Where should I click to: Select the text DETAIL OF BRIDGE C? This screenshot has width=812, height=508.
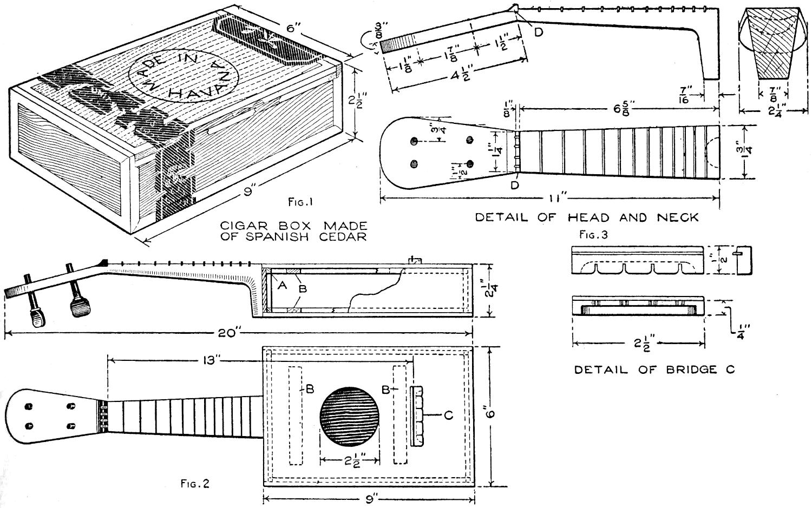click(x=654, y=370)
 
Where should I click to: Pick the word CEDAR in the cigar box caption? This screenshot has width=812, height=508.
click(x=342, y=236)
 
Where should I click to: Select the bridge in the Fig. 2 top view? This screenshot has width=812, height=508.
click(x=417, y=415)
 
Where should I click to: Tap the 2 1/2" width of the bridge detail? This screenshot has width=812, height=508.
click(x=639, y=342)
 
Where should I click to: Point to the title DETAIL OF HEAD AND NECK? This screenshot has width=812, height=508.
click(x=587, y=217)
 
